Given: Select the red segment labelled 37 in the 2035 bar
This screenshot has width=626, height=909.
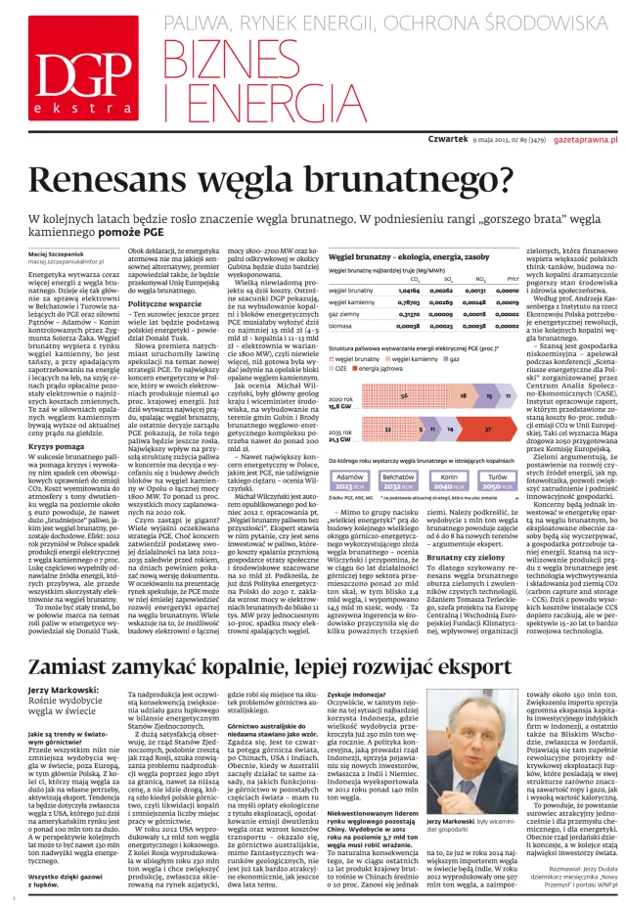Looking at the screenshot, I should click(486, 428).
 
